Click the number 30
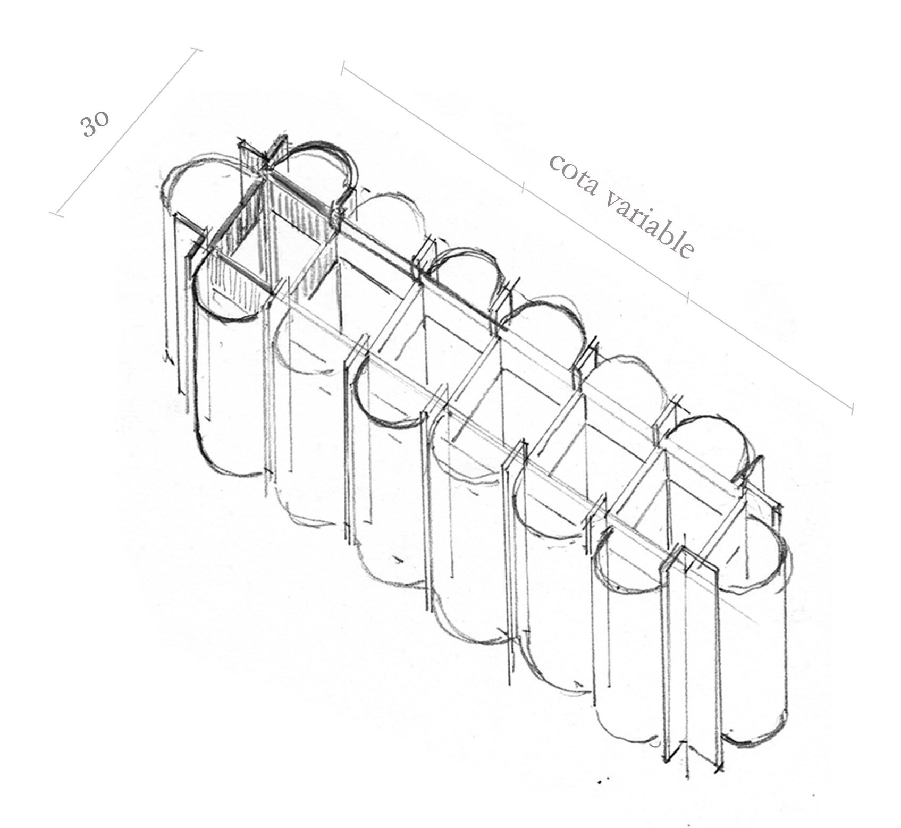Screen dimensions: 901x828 click(x=95, y=125)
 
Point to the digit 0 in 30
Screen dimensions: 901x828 click(x=102, y=119)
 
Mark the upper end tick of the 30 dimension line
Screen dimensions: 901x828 click(x=196, y=50)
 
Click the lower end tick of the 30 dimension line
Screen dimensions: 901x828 click(x=56, y=214)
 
